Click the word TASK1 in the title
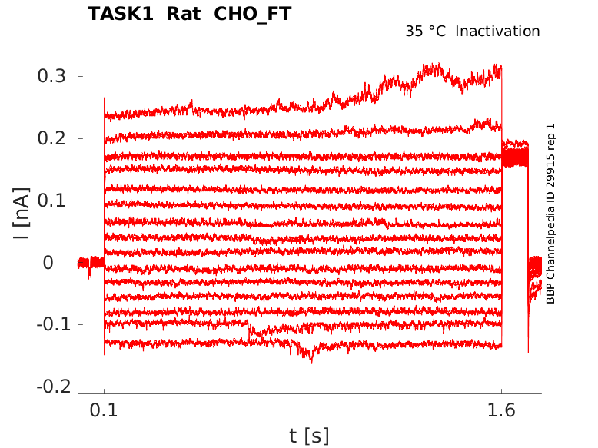(119, 14)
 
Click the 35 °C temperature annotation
(427, 32)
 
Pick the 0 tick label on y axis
(48, 263)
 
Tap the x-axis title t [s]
(309, 436)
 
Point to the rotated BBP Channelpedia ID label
(550, 214)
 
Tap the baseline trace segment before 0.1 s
(91, 263)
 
